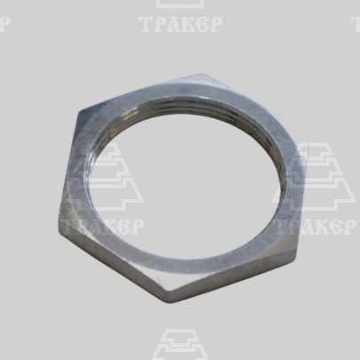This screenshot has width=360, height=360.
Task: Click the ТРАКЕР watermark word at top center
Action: coord(180,24)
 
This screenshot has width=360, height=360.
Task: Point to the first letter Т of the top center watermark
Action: coord(146,24)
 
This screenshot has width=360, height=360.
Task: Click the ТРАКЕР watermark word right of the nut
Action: coord(315,227)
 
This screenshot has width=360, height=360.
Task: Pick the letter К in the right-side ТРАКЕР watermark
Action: coord(322,227)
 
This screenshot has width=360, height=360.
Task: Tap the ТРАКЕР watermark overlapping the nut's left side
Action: coord(102,227)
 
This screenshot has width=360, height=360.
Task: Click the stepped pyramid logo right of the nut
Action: coord(314,177)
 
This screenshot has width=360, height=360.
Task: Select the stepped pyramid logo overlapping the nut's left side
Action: coord(102,177)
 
